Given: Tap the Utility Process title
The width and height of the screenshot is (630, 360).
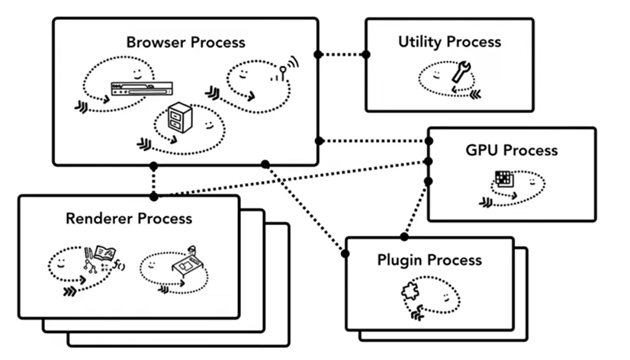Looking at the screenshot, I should point(449,41).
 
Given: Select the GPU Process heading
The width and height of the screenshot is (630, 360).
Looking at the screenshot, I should point(511,150).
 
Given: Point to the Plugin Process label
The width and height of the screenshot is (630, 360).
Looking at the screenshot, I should point(429,260).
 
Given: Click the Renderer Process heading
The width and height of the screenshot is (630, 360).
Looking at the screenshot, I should point(128,219).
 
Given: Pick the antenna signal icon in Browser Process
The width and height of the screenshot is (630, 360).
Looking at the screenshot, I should point(284,72).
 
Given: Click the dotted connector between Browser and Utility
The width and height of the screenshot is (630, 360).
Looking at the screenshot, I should point(342,55).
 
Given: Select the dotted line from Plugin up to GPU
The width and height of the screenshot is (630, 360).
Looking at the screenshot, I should point(416,209).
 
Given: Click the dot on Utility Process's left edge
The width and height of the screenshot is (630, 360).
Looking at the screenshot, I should point(365,55).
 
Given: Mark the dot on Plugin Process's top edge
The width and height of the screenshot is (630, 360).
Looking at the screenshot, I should point(403,237).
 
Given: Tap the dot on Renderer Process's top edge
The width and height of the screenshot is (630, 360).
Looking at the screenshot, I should point(153,196).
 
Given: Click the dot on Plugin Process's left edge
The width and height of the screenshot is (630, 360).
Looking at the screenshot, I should point(346,253).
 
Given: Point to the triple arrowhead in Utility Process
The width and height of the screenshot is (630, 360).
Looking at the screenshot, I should point(475,94).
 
